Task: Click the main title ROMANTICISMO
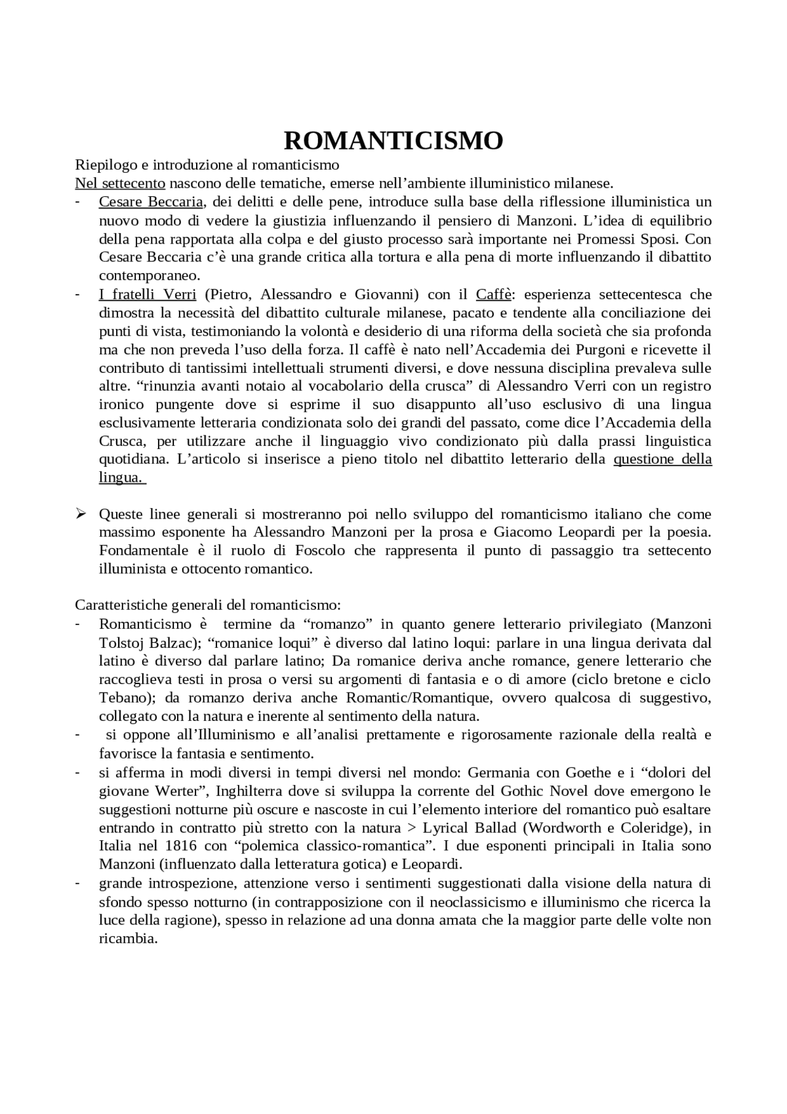(x=393, y=141)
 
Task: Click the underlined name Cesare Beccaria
(x=151, y=202)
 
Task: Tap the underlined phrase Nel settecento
(x=120, y=183)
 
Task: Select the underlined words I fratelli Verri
(x=148, y=294)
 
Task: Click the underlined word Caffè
(x=493, y=294)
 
